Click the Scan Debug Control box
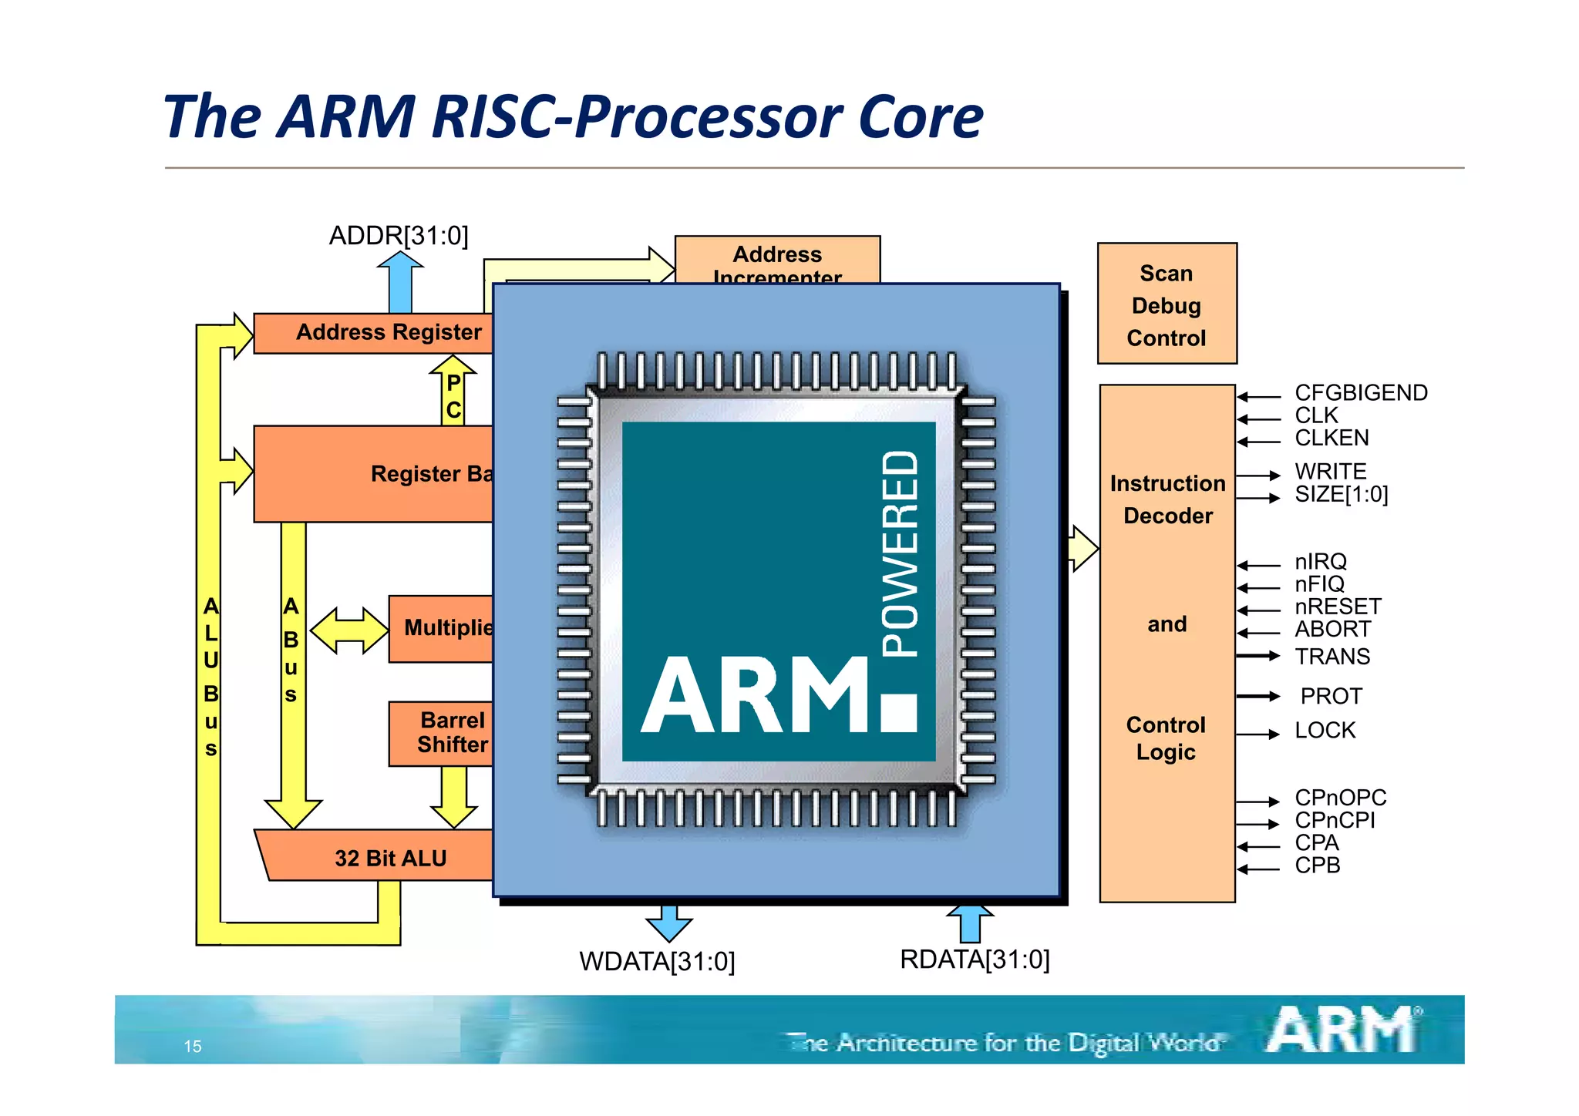[x=1167, y=304]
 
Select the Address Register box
[x=374, y=333]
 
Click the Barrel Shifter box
[x=442, y=733]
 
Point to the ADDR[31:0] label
[x=399, y=236]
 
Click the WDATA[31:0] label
[x=657, y=962]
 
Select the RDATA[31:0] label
[x=975, y=960]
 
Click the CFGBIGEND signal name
[x=1361, y=393]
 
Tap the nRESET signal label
[x=1338, y=607]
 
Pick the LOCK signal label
[x=1325, y=730]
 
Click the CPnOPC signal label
[x=1340, y=798]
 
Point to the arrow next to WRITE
[x=1258, y=476]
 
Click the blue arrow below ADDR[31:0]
[x=400, y=283]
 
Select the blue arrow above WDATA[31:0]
[x=668, y=923]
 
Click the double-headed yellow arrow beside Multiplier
[x=349, y=630]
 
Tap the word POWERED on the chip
[x=901, y=554]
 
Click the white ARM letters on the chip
[x=756, y=695]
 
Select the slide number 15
[x=192, y=1047]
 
